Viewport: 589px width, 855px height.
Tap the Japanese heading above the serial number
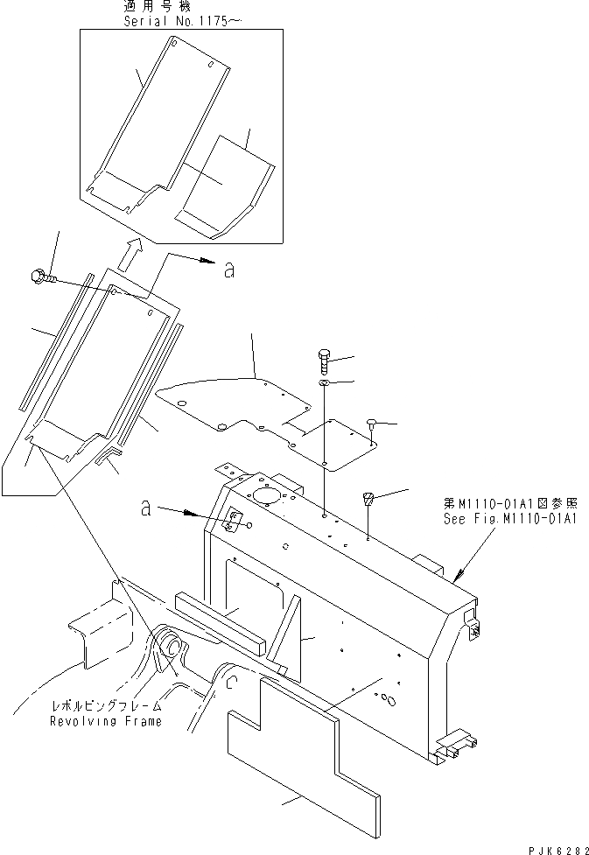tap(158, 6)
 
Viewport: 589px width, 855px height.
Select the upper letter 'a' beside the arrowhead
tap(228, 271)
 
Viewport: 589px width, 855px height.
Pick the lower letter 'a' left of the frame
tap(148, 506)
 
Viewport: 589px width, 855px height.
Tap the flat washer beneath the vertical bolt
tap(324, 383)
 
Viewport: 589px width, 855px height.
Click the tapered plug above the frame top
tap(368, 501)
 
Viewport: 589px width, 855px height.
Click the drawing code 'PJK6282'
tap(557, 846)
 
